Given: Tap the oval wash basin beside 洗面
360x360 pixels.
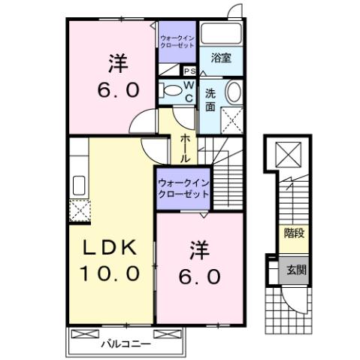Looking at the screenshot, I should point(234,95).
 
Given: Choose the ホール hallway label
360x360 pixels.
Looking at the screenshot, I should point(185,149).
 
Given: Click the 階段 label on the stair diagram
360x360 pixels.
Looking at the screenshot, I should point(294,234).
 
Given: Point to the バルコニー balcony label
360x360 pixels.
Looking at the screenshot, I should point(126,343).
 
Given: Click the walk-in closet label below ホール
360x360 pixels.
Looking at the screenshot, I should point(183,187).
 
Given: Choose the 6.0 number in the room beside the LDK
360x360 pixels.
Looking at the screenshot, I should point(199,277).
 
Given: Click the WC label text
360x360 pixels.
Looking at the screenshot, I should point(189,92).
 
